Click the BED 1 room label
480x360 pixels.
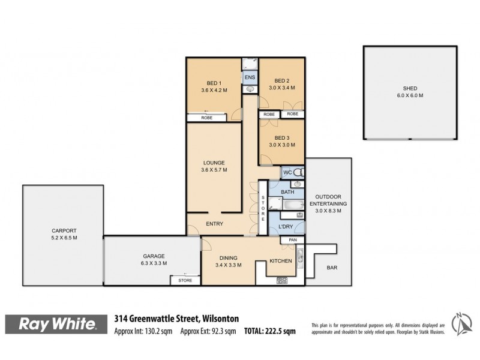click(214, 83)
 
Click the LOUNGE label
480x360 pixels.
click(214, 163)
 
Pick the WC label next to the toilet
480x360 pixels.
click(288, 173)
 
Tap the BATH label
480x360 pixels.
click(287, 192)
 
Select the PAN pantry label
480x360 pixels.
click(293, 241)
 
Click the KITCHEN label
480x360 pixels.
click(280, 261)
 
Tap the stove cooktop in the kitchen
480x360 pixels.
click(282, 280)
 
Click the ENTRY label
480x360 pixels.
click(214, 224)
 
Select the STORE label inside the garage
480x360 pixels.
click(185, 280)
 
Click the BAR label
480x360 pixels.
click(331, 268)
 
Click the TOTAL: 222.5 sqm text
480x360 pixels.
click(269, 331)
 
